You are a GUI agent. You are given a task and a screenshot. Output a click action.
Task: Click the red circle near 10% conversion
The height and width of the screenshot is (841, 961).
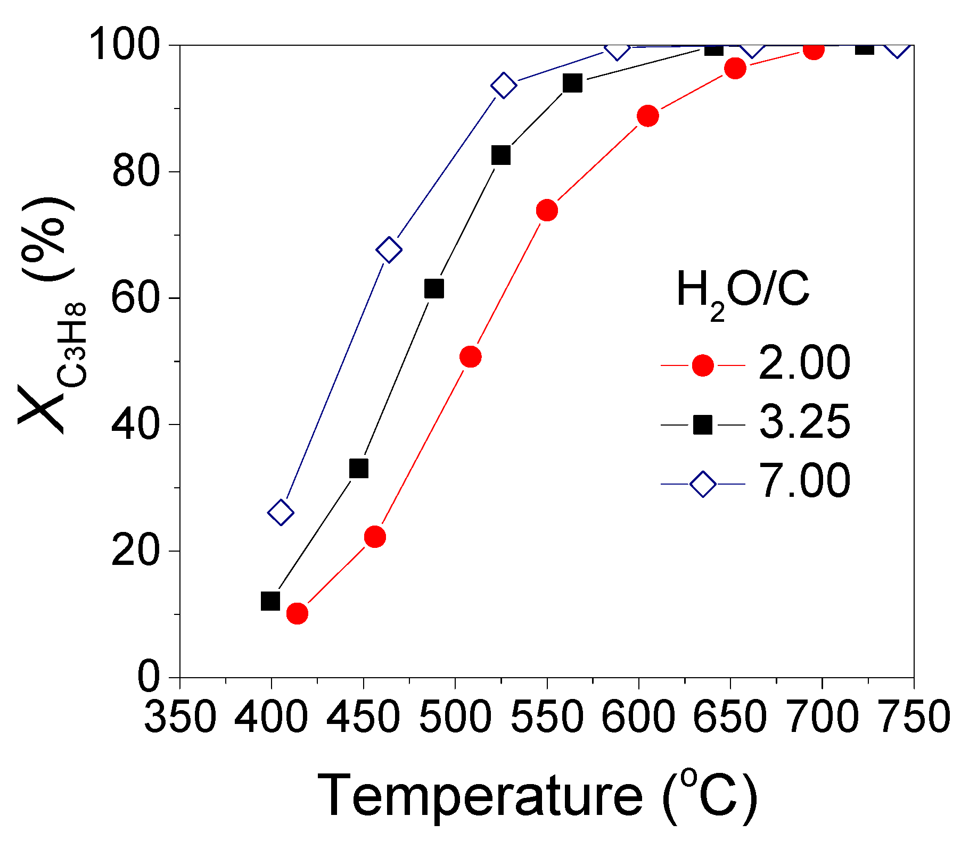[x=297, y=613]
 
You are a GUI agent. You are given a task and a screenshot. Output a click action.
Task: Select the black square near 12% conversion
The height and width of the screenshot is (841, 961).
[x=270, y=601]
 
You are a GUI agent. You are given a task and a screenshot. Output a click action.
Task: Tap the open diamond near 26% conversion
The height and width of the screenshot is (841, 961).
[x=281, y=513]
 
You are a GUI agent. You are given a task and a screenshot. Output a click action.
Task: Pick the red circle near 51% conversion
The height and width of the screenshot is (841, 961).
[x=470, y=356]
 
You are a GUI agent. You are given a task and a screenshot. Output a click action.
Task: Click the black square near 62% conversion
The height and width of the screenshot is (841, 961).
[x=434, y=289]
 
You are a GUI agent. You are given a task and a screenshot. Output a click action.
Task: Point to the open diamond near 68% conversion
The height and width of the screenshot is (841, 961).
[x=389, y=249]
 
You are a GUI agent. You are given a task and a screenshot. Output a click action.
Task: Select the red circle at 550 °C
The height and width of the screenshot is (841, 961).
[x=547, y=210]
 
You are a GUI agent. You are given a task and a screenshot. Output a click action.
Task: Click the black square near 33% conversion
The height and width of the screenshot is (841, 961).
[x=359, y=469]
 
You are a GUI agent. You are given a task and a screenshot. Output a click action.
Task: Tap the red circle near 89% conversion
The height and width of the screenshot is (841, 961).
[x=647, y=115]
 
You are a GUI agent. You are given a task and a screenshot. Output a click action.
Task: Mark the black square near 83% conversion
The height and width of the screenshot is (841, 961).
[x=500, y=155]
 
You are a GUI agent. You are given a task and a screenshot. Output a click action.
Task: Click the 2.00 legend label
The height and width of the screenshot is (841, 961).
[x=804, y=363]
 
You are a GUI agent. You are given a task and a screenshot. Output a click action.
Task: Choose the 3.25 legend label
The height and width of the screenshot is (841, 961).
[x=804, y=423]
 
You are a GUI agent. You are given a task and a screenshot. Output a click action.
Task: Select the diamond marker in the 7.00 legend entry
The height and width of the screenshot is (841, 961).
[x=703, y=484]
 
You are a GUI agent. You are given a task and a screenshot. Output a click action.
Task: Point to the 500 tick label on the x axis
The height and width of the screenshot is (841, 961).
[x=455, y=717]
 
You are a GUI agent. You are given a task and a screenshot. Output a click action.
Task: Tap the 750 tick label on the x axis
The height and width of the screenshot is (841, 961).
[x=914, y=717]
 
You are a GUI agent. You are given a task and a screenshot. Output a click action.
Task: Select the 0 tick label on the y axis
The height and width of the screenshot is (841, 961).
[x=149, y=678]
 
